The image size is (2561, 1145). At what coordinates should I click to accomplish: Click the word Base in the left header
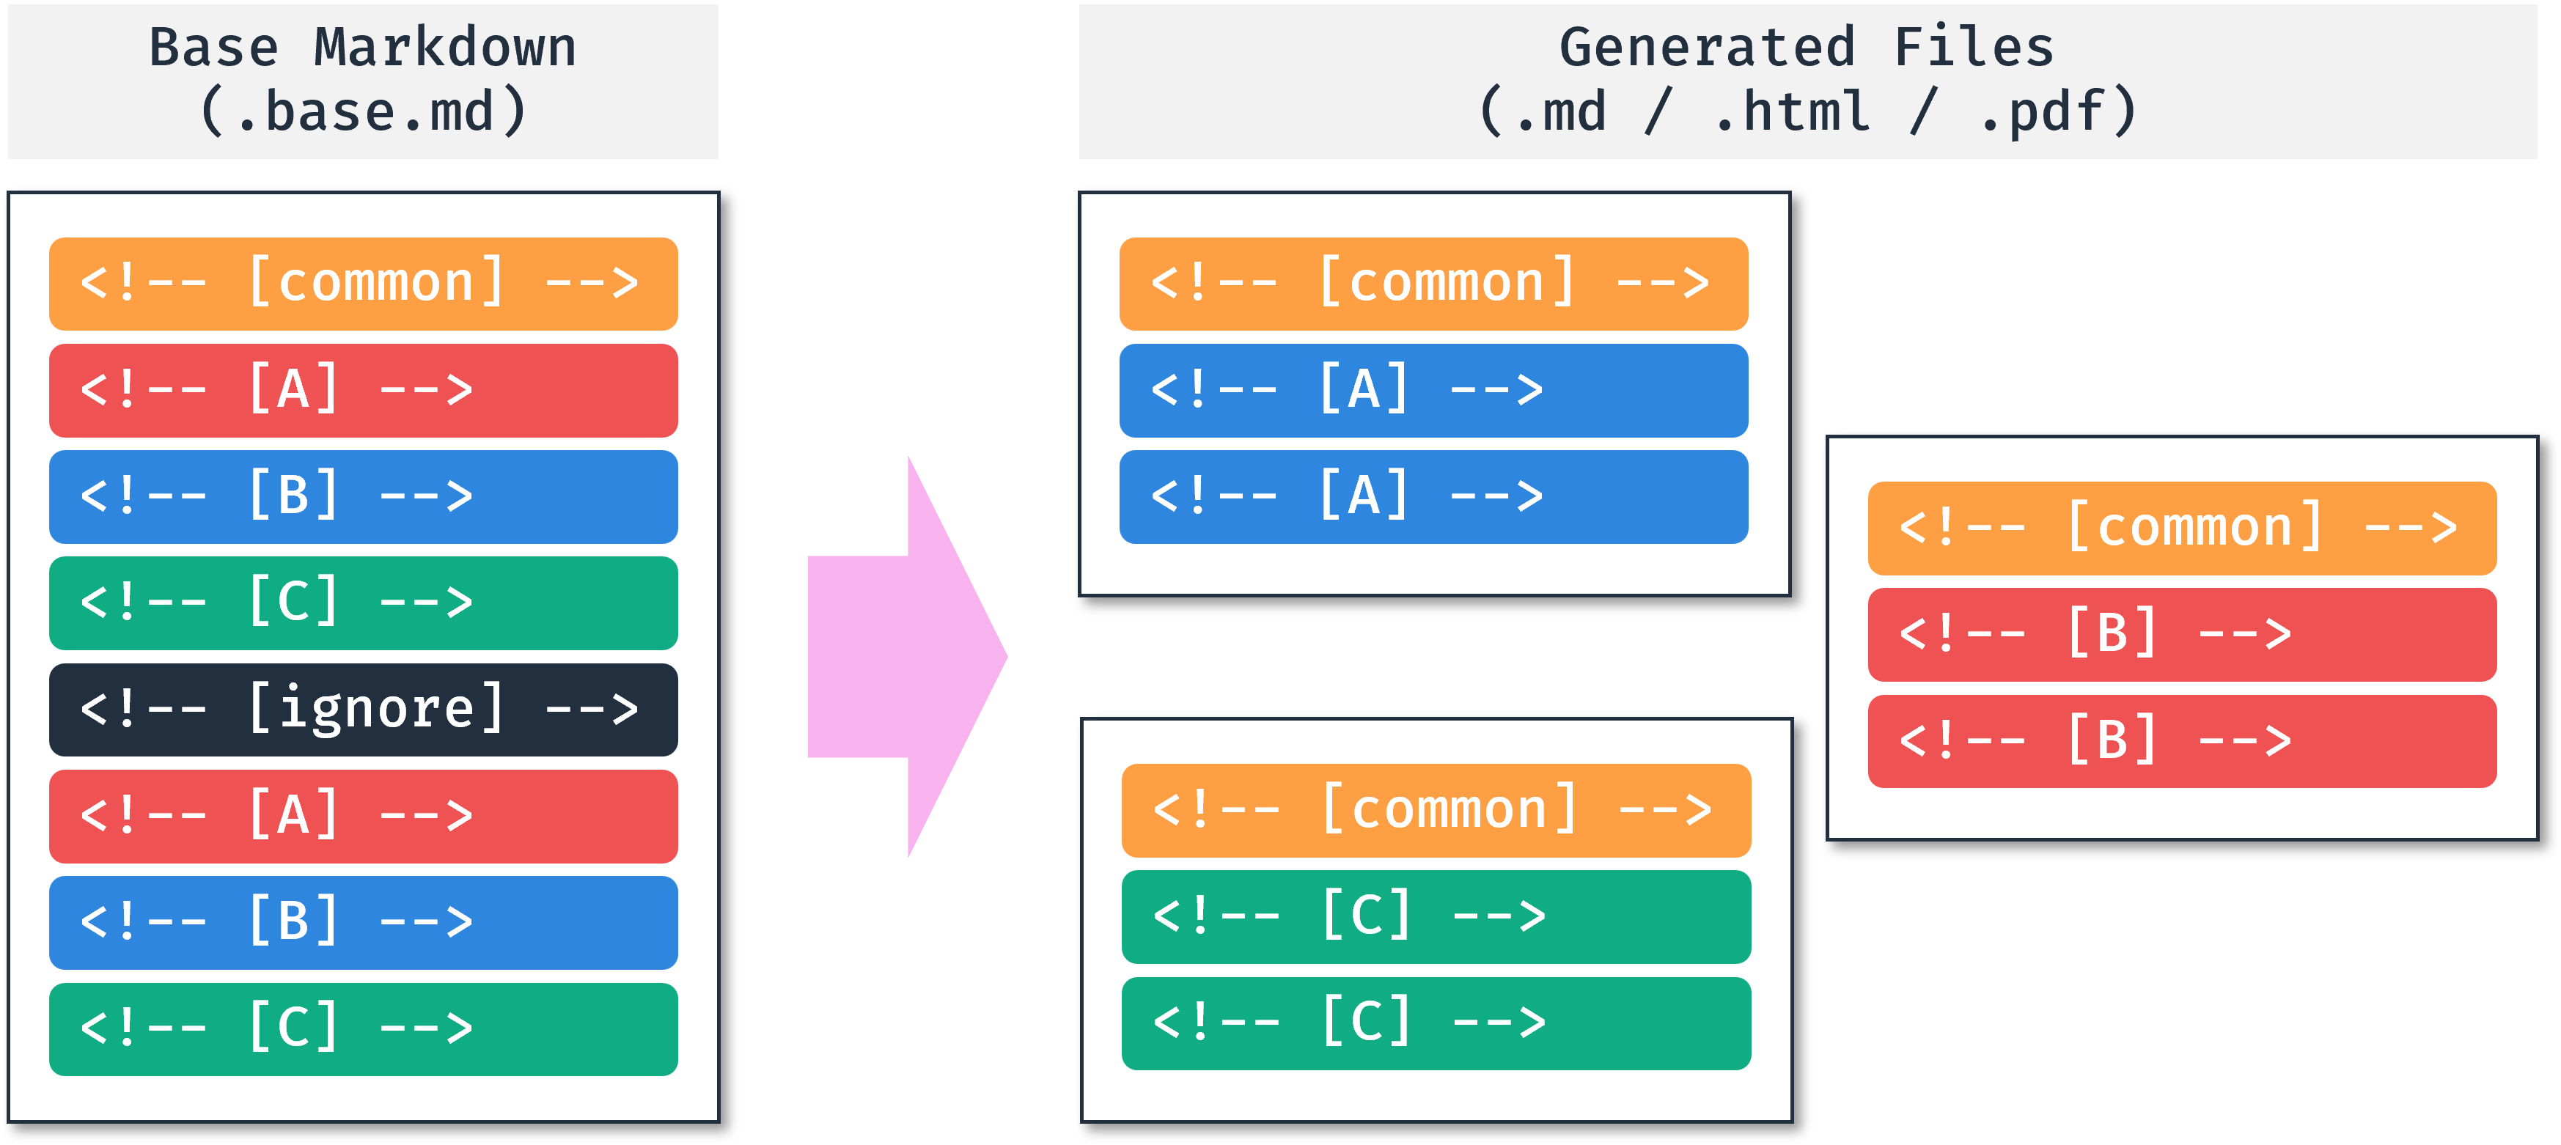214,48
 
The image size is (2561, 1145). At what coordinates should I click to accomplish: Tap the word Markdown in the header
444,48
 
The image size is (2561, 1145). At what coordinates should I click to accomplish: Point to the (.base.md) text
363,111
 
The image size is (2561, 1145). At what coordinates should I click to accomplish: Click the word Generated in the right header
1707,48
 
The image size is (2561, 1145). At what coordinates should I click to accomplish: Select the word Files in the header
1974,48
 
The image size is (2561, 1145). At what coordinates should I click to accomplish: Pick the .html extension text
1791,111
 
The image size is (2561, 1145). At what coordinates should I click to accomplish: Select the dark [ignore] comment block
363,710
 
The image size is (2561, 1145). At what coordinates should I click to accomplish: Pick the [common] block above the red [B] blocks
2181,529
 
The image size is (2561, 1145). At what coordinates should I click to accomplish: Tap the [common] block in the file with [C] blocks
1436,810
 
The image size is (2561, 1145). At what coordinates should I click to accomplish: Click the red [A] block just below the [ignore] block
363,816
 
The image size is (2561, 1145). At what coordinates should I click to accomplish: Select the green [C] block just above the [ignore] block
363,603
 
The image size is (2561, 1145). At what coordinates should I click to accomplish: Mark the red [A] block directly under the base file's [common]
363,391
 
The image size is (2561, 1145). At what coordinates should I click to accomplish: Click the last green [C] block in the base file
363,1028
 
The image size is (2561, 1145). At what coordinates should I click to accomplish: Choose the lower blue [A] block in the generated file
1433,497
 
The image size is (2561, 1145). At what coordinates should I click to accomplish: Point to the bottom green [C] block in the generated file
1436,1023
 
